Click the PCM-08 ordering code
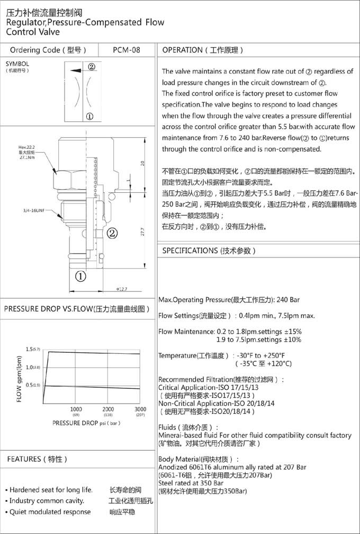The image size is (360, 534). tap(127, 50)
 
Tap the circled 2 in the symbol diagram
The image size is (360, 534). tap(91, 67)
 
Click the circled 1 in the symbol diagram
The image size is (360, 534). tap(89, 117)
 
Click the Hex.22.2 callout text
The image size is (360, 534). tap(27, 148)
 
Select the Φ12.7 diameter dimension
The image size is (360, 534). tap(122, 289)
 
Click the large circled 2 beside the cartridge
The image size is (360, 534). tap(112, 232)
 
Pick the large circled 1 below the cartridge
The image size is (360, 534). tap(79, 276)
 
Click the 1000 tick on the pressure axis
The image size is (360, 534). tap(76, 409)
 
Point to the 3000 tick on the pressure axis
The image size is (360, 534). tap(140, 409)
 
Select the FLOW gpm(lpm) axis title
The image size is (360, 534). tap(19, 379)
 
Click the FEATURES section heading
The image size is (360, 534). tap(37, 459)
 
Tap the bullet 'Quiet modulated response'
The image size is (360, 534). tap(50, 512)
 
